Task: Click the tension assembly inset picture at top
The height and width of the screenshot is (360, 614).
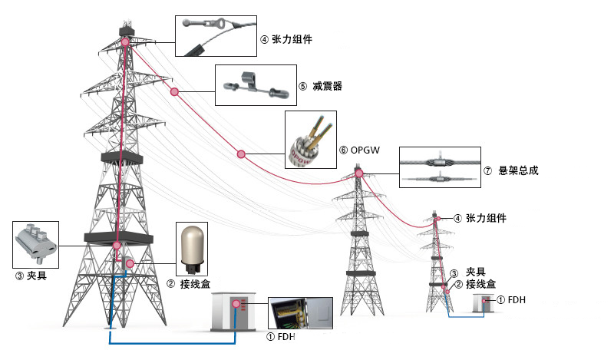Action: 216,36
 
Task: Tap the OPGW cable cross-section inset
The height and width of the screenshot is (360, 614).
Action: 310,140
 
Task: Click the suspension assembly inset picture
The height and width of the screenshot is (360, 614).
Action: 440,168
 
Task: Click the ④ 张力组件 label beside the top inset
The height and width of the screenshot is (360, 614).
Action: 286,38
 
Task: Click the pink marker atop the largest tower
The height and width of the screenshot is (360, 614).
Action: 125,42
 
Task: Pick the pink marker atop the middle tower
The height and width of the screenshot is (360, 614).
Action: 358,175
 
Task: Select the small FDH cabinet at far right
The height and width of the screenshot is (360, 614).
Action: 484,303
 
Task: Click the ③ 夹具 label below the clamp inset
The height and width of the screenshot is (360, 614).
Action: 31,274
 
